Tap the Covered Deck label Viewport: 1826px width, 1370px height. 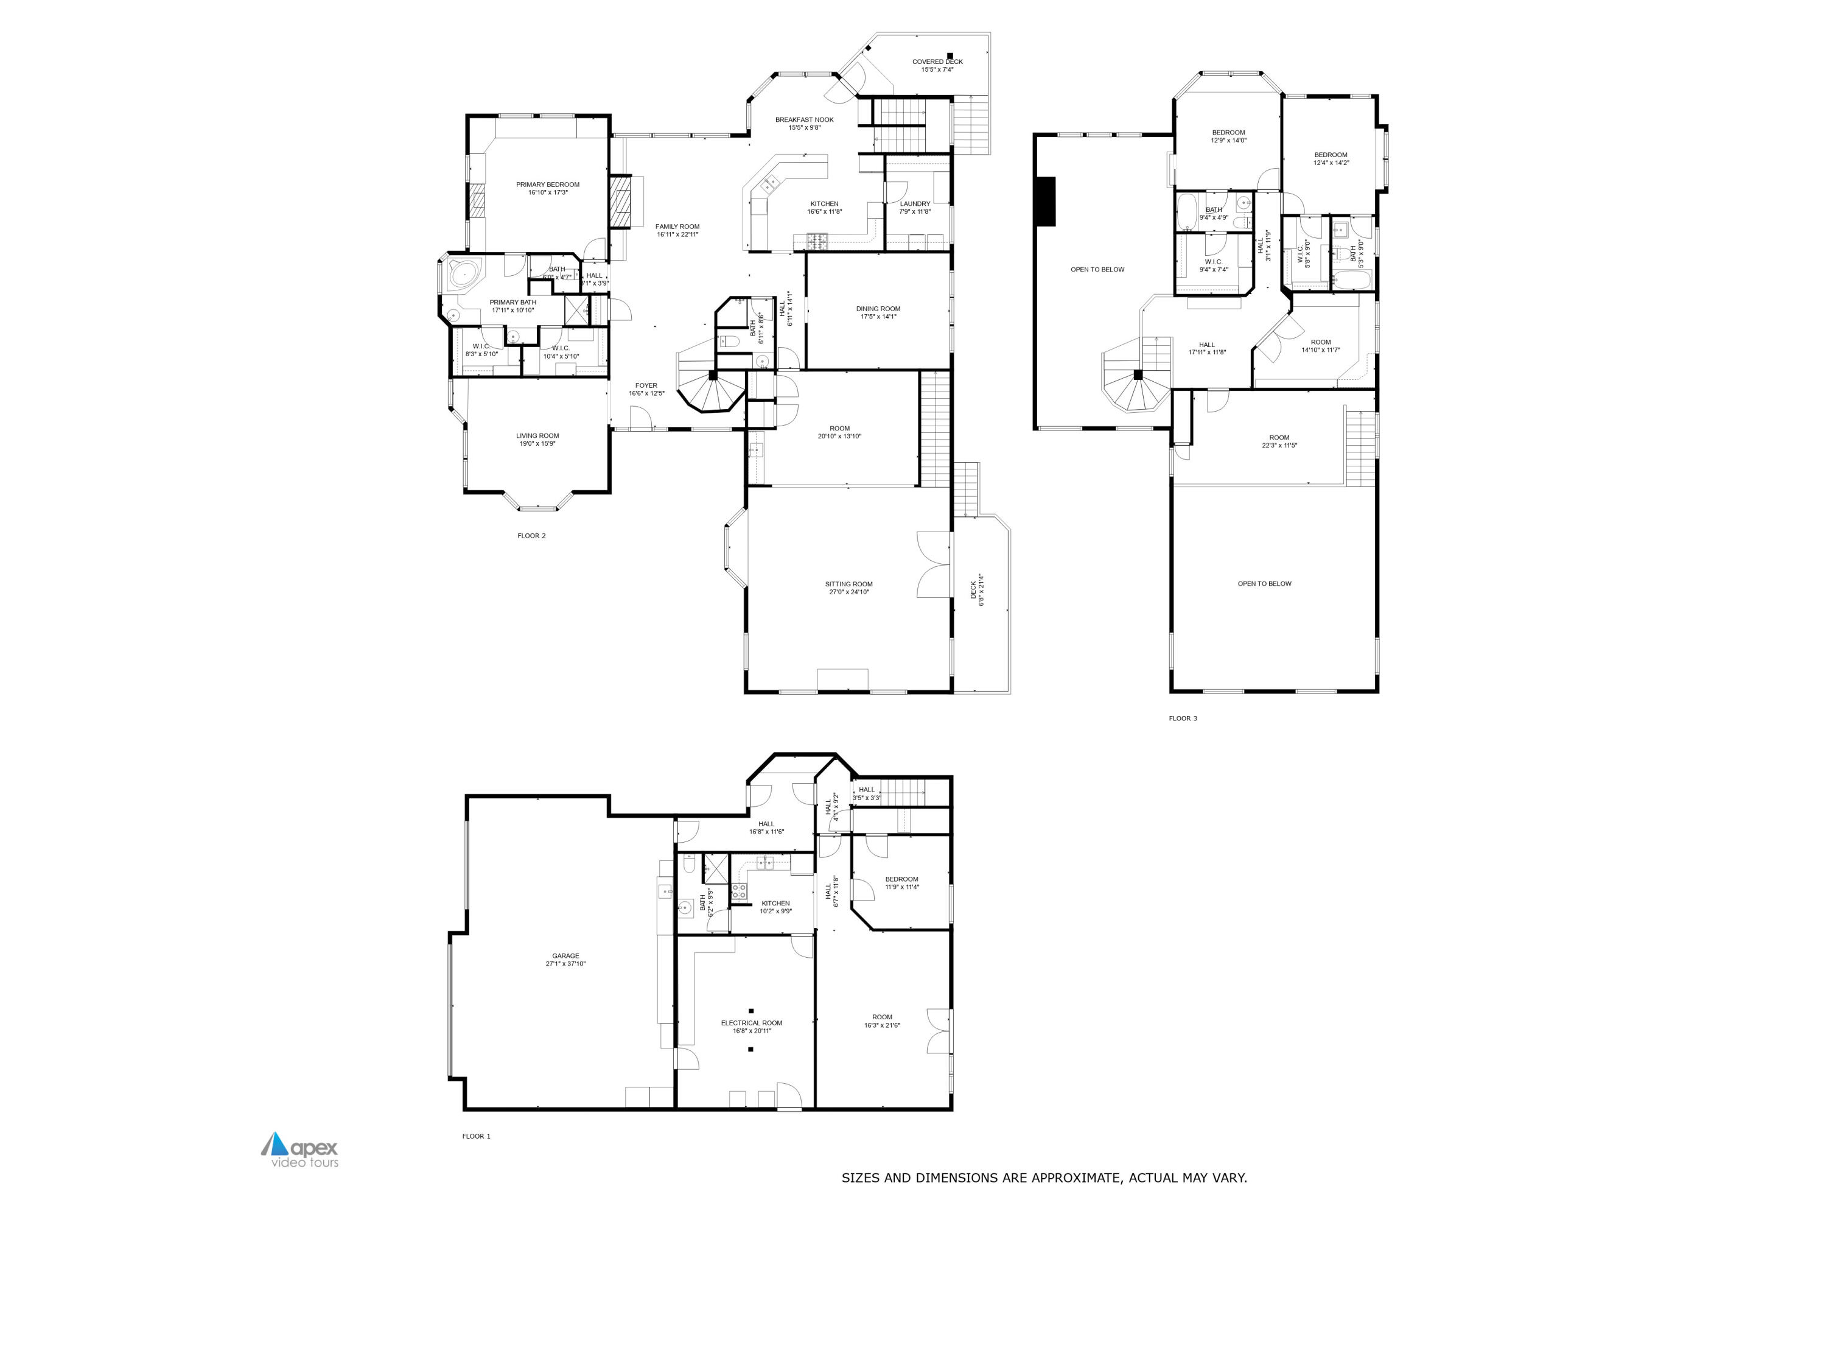pyautogui.click(x=937, y=62)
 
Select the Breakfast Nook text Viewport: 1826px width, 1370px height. pyautogui.click(x=804, y=120)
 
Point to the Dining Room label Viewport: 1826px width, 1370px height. pyautogui.click(x=878, y=309)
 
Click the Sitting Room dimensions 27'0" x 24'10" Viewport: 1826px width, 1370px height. pyautogui.click(x=848, y=592)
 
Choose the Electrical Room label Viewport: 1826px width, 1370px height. pyautogui.click(x=751, y=1023)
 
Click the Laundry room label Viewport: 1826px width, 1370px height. pyautogui.click(x=915, y=204)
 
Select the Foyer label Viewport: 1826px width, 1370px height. pyautogui.click(x=646, y=385)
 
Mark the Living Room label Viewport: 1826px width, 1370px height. pyautogui.click(x=537, y=436)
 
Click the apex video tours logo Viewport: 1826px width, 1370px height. pyautogui.click(x=301, y=1150)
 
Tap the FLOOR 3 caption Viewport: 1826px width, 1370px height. pyautogui.click(x=1182, y=718)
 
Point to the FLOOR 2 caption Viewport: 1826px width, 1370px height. pyautogui.click(x=531, y=536)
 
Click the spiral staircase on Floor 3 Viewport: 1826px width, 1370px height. pyautogui.click(x=1137, y=382)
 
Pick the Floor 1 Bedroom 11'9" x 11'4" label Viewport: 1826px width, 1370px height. pyautogui.click(x=901, y=879)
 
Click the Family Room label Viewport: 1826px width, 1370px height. pyautogui.click(x=677, y=227)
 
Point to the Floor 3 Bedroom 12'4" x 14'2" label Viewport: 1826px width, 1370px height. pyautogui.click(x=1331, y=155)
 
